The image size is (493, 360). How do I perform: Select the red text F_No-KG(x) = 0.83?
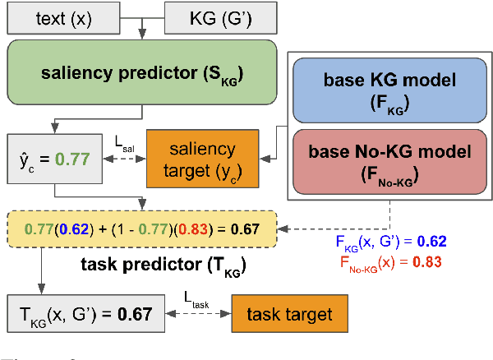click(389, 263)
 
